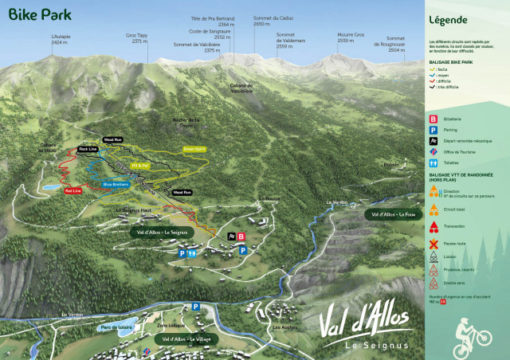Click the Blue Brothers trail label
(x=117, y=185)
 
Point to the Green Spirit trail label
(x=194, y=148)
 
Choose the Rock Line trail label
(x=88, y=149)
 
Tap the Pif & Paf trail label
(x=140, y=166)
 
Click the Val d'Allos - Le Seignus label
(x=162, y=232)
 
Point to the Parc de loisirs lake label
(x=115, y=327)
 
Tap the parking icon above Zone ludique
(x=195, y=307)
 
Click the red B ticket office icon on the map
(x=241, y=237)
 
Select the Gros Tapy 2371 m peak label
(x=138, y=37)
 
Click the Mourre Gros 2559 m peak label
(x=350, y=37)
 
